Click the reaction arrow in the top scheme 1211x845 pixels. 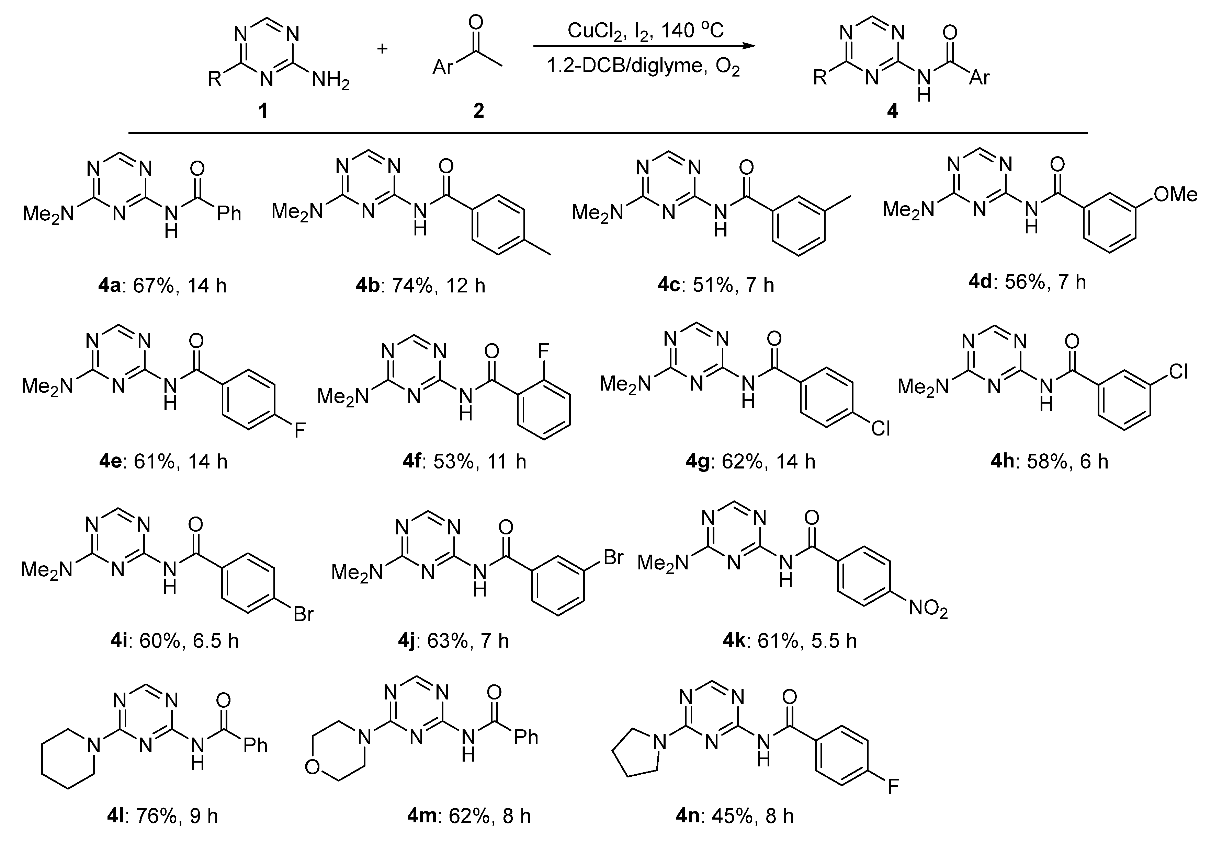tap(644, 46)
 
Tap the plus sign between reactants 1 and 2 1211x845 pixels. tap(382, 48)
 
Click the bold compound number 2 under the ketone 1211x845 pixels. tap(478, 111)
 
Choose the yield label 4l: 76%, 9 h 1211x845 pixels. tap(162, 816)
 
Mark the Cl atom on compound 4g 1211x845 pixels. tap(880, 428)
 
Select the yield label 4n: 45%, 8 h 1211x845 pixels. tap(735, 816)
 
